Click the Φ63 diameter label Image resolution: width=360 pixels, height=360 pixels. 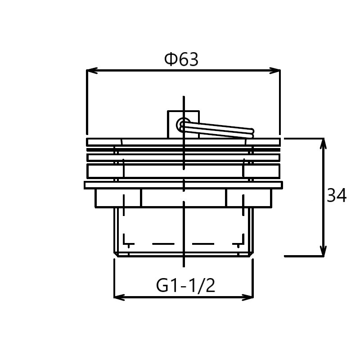pos(181,59)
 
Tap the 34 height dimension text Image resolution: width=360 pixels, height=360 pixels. pos(337,195)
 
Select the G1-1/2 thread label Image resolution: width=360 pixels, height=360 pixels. pos(185,285)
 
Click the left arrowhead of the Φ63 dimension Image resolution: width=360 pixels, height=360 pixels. pos(92,71)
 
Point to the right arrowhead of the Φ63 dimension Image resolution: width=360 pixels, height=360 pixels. pos(275,71)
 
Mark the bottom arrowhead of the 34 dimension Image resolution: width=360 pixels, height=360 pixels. pos(323,251)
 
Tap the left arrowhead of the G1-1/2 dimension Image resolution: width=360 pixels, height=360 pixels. pos(119,297)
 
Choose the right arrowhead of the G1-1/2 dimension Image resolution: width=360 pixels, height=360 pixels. pos(248,297)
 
